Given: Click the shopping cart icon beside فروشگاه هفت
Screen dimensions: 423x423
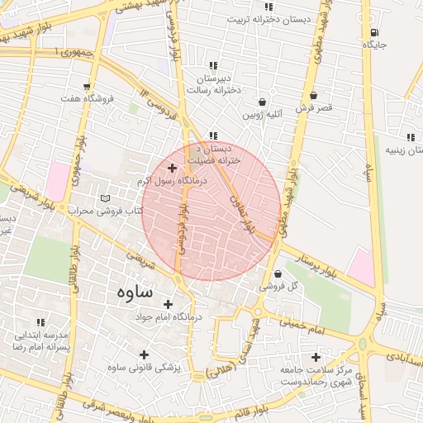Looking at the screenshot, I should coord(88,85).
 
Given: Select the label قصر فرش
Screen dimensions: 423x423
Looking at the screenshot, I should coord(313,108).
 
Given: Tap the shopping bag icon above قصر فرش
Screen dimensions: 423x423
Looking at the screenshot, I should coord(313,95).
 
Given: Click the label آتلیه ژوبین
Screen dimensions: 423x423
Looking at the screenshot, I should coord(263,115).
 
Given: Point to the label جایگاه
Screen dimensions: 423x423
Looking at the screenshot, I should coord(373,45).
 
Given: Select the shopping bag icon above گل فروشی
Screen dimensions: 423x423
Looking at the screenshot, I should coord(277,273).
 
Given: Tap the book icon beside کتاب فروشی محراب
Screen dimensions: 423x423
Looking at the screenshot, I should coord(104,198).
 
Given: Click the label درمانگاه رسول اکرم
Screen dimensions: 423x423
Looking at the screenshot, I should coord(174,180).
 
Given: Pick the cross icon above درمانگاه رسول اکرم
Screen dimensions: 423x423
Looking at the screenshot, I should coord(172,168).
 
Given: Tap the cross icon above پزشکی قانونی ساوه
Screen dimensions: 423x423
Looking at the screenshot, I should coord(145,354).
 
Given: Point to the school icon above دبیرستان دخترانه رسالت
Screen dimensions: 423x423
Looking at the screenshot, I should coord(213,65).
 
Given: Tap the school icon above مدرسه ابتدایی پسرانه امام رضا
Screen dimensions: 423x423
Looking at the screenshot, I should coord(40,322).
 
